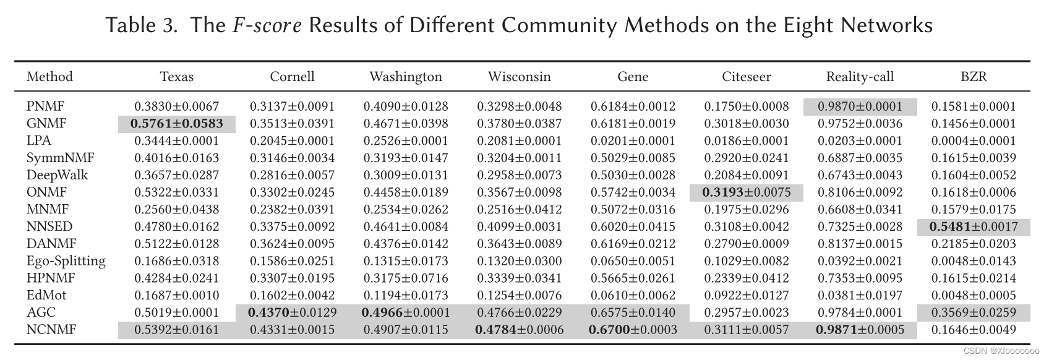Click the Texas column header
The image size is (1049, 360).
(177, 77)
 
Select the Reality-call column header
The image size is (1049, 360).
(860, 77)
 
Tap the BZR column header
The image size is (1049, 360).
(974, 77)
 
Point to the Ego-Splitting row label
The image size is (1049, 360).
(66, 261)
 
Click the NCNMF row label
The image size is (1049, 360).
(51, 330)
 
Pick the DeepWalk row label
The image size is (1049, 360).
(57, 175)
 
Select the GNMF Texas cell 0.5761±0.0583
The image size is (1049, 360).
(177, 124)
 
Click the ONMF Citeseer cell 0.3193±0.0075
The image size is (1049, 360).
(747, 192)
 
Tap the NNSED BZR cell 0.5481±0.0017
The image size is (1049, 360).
(974, 227)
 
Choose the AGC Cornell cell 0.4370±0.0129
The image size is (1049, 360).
(292, 313)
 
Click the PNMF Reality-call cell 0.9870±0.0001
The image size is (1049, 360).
(860, 106)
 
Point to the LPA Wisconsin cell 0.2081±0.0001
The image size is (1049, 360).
(519, 141)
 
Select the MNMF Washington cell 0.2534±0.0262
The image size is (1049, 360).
(406, 210)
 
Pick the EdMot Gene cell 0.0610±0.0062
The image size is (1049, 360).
(633, 296)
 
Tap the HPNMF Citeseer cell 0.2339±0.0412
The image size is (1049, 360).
(747, 278)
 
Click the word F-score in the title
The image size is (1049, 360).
(267, 26)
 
